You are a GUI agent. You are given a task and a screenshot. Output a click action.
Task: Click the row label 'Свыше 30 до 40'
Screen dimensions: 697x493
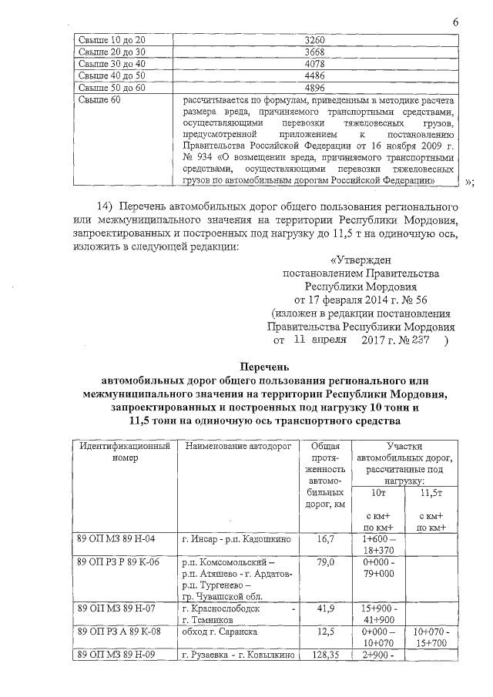click(112, 63)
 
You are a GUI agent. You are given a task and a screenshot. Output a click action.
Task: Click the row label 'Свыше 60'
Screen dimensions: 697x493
click(100, 100)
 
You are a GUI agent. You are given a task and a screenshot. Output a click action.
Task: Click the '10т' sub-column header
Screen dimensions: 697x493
click(377, 493)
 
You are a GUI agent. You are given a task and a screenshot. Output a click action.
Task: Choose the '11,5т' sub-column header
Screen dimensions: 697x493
click(429, 493)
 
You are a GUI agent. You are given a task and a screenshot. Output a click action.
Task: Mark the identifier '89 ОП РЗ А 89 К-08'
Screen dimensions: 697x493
click(121, 632)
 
